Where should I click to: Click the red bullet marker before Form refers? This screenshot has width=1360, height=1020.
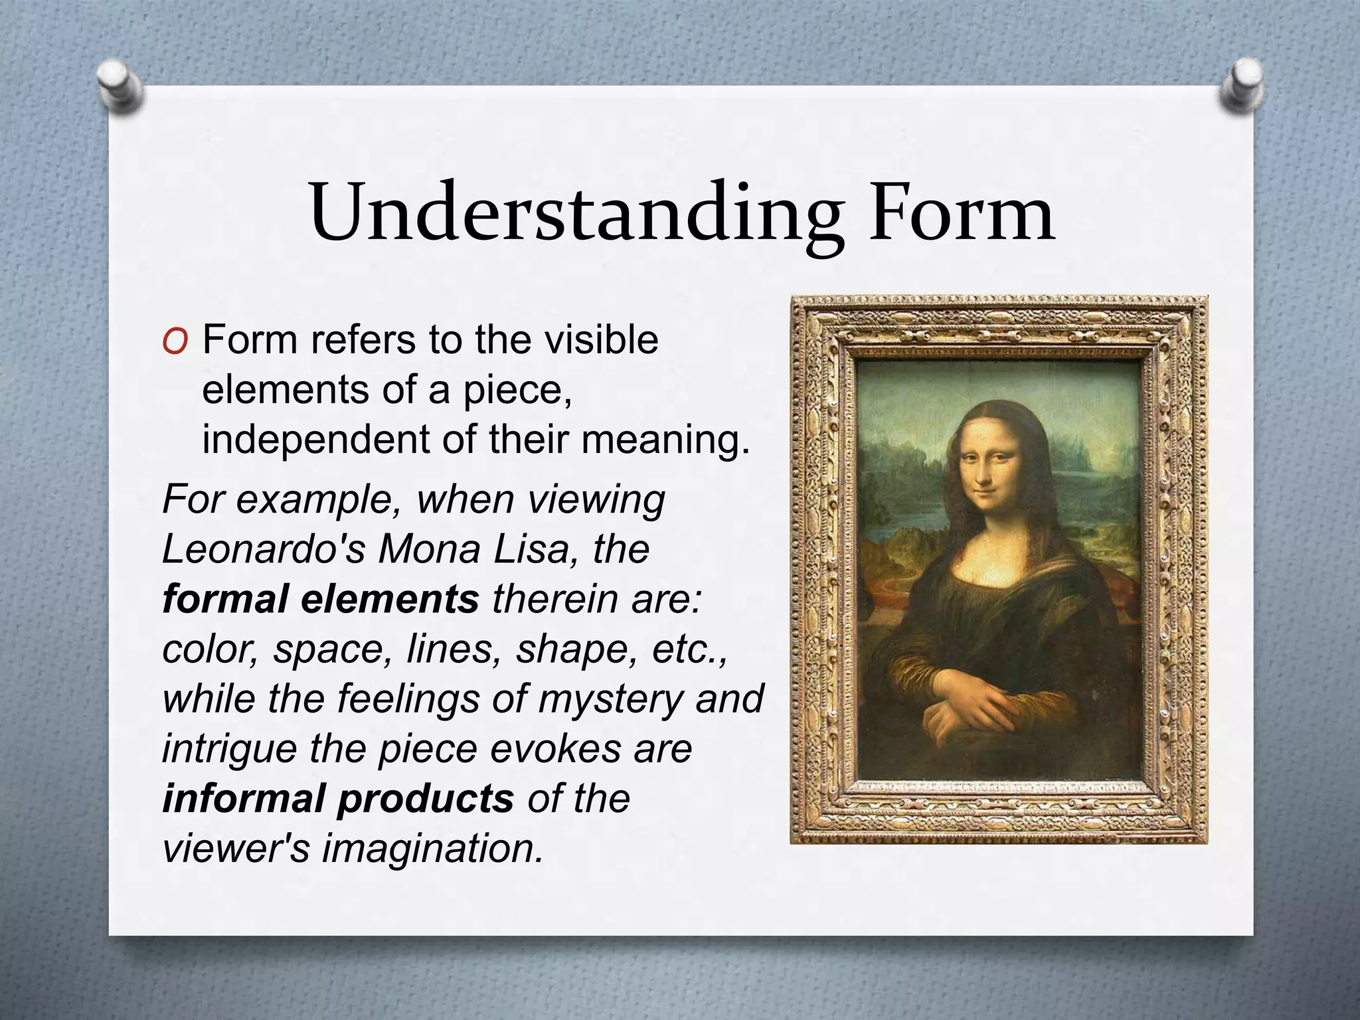pos(175,342)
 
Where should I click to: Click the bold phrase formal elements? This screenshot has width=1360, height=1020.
pos(320,599)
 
